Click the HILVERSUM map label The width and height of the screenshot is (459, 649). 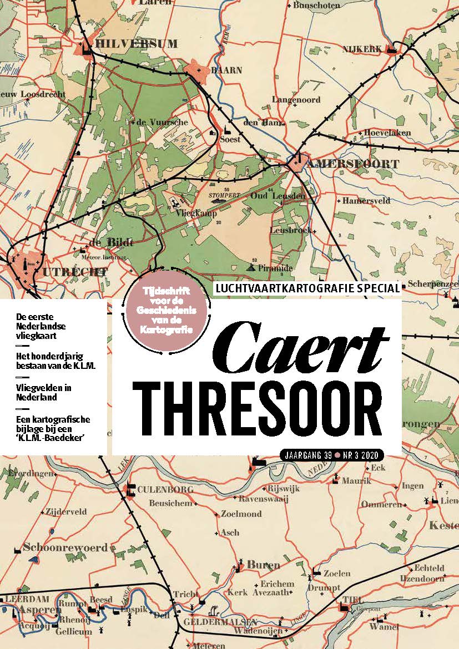coord(137,44)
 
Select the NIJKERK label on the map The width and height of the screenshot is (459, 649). coord(362,49)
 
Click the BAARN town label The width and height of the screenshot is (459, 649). coord(226,70)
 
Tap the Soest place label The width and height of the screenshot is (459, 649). coord(230,139)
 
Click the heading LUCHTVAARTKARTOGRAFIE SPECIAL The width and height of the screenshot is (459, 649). coord(307,288)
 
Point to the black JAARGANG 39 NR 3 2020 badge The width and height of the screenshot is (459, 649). coord(332,455)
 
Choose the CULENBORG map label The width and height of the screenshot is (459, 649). coord(165,489)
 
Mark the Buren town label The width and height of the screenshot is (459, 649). coord(263,565)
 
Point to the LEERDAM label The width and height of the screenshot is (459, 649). coord(27,599)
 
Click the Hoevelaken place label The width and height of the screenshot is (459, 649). coord(387,133)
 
